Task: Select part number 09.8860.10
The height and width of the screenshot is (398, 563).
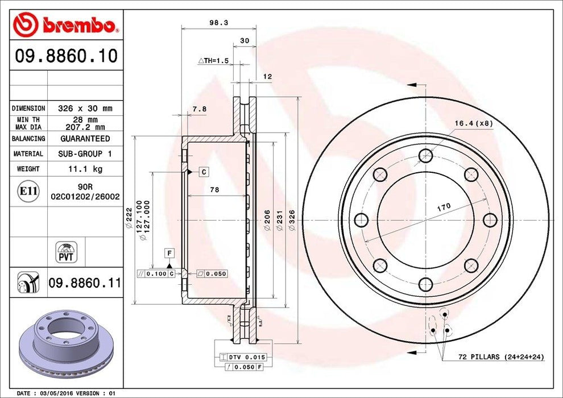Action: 66,56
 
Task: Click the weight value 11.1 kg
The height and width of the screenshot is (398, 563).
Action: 84,169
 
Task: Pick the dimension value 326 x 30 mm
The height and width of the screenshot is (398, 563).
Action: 85,108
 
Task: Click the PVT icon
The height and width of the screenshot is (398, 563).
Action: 67,252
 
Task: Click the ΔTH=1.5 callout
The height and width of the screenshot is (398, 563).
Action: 213,60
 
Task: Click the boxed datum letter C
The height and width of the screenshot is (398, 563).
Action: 203,171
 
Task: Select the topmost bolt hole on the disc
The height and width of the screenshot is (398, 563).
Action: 425,155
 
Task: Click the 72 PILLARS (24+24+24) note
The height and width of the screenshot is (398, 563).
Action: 501,356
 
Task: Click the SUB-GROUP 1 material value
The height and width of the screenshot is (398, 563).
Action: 85,154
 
